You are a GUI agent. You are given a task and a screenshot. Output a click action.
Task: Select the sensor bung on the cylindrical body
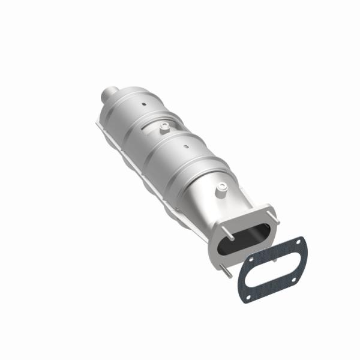coord(163,127)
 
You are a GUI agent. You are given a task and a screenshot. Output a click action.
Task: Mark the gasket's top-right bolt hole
coord(298,240)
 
